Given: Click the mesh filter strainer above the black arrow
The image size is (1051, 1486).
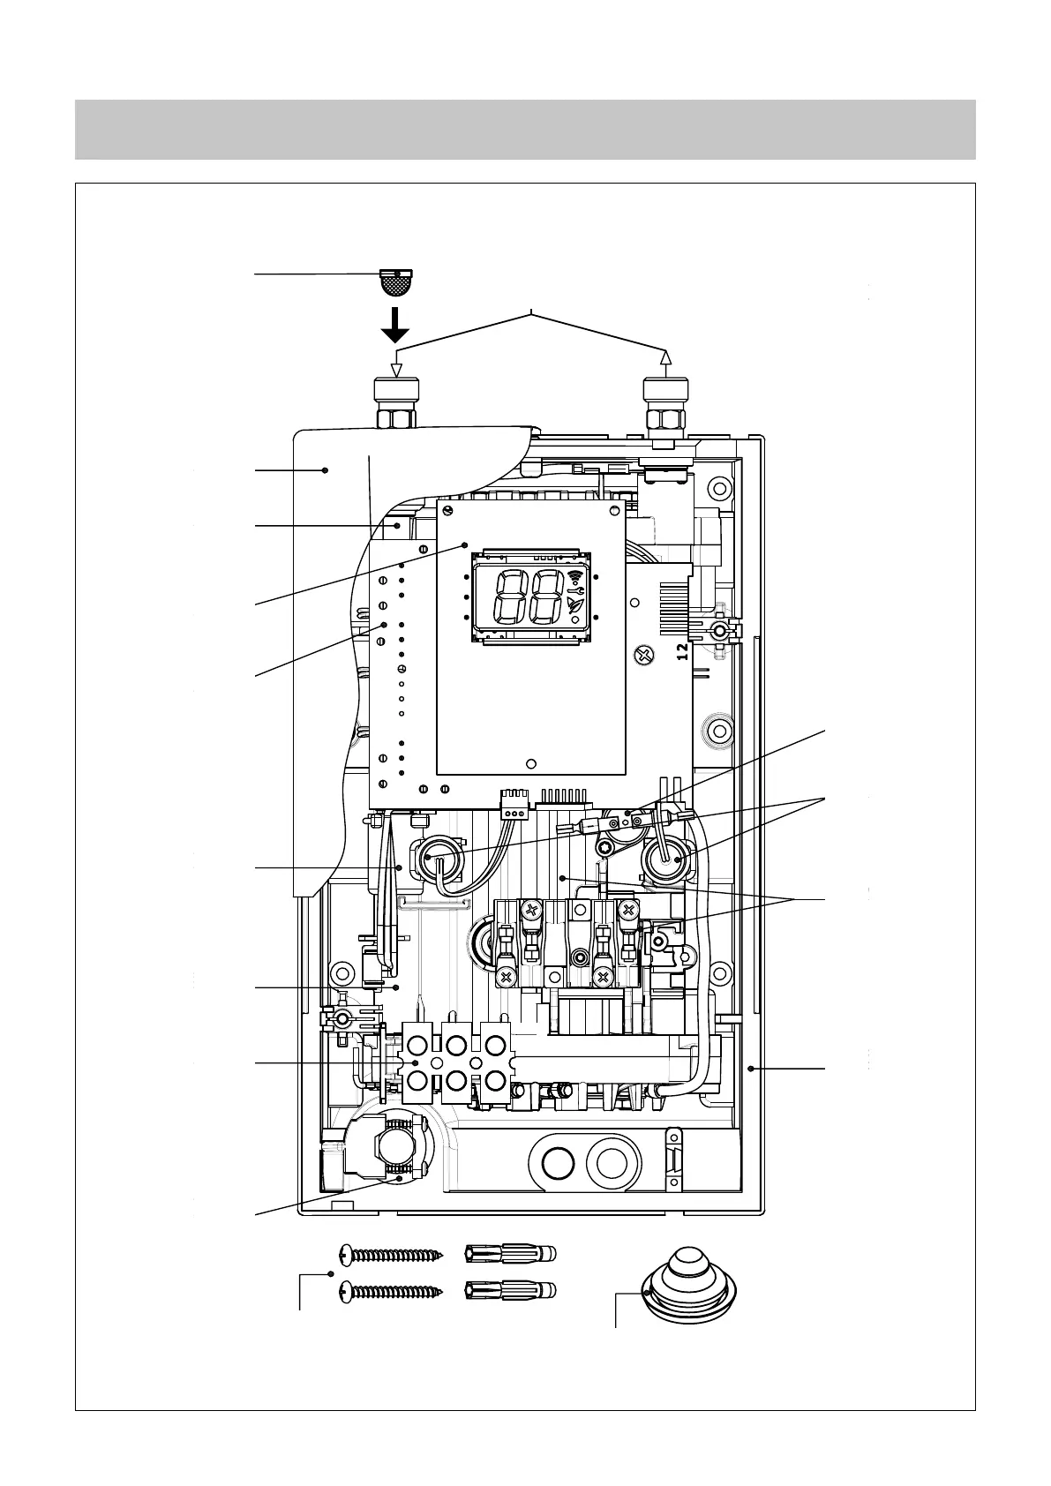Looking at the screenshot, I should tap(395, 282).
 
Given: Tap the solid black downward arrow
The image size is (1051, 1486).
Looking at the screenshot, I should tap(396, 326).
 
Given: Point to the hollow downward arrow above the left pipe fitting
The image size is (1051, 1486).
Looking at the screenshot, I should tap(396, 370).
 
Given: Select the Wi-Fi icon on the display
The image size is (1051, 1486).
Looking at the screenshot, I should tap(576, 578).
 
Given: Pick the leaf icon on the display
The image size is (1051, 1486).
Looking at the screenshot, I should tap(575, 604).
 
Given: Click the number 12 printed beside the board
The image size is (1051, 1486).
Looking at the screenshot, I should tap(681, 652).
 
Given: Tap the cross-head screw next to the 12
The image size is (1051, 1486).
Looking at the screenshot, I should tap(644, 654).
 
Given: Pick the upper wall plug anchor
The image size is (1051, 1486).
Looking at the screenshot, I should tap(511, 1253).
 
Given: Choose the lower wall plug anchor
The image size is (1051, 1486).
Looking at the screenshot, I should tap(511, 1292).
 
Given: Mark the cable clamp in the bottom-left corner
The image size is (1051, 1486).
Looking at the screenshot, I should tap(393, 1150).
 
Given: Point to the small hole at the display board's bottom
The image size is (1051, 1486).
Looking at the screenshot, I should tap(530, 764).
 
